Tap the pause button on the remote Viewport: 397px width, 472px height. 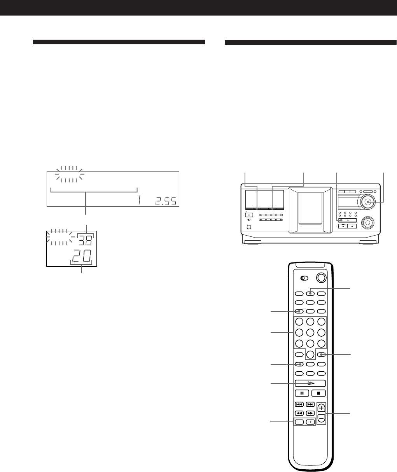point(301,393)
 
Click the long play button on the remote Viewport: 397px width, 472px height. point(310,383)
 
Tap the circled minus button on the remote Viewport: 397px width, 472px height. point(321,418)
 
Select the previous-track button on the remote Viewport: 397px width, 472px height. point(299,404)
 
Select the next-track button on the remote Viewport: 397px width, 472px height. point(310,404)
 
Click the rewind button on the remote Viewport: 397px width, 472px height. point(299,413)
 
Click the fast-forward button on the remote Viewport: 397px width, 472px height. point(310,413)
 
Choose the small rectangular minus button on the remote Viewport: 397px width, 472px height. point(299,422)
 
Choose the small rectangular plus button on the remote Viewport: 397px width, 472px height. point(310,422)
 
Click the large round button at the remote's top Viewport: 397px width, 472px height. point(321,278)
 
